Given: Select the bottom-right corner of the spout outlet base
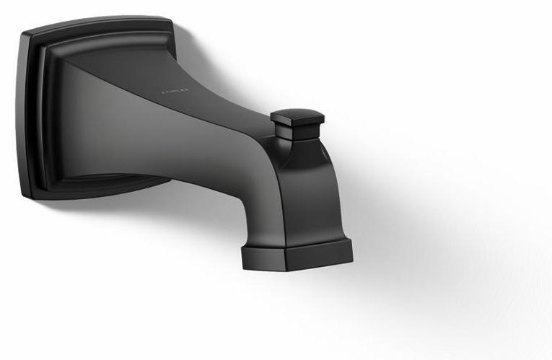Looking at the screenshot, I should click(351, 258).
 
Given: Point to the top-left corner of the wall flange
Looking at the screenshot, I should click(27, 35).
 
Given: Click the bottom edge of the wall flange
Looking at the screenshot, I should click(94, 195).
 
